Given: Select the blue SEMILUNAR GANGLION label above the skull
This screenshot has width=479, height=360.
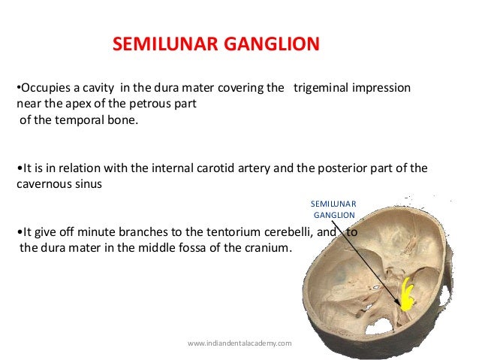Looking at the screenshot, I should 335,210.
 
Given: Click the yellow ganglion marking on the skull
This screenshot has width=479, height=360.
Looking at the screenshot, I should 408,295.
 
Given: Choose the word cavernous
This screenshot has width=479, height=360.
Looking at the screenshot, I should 43,183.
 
